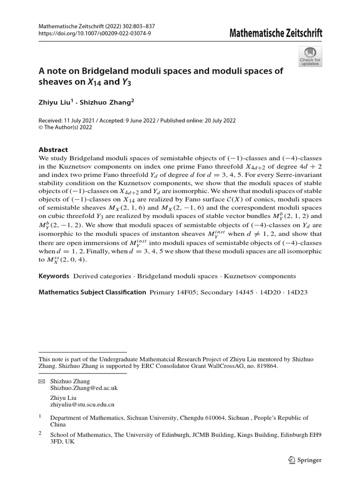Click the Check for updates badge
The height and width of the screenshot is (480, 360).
click(x=310, y=56)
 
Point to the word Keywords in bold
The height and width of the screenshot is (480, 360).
click(x=53, y=277)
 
